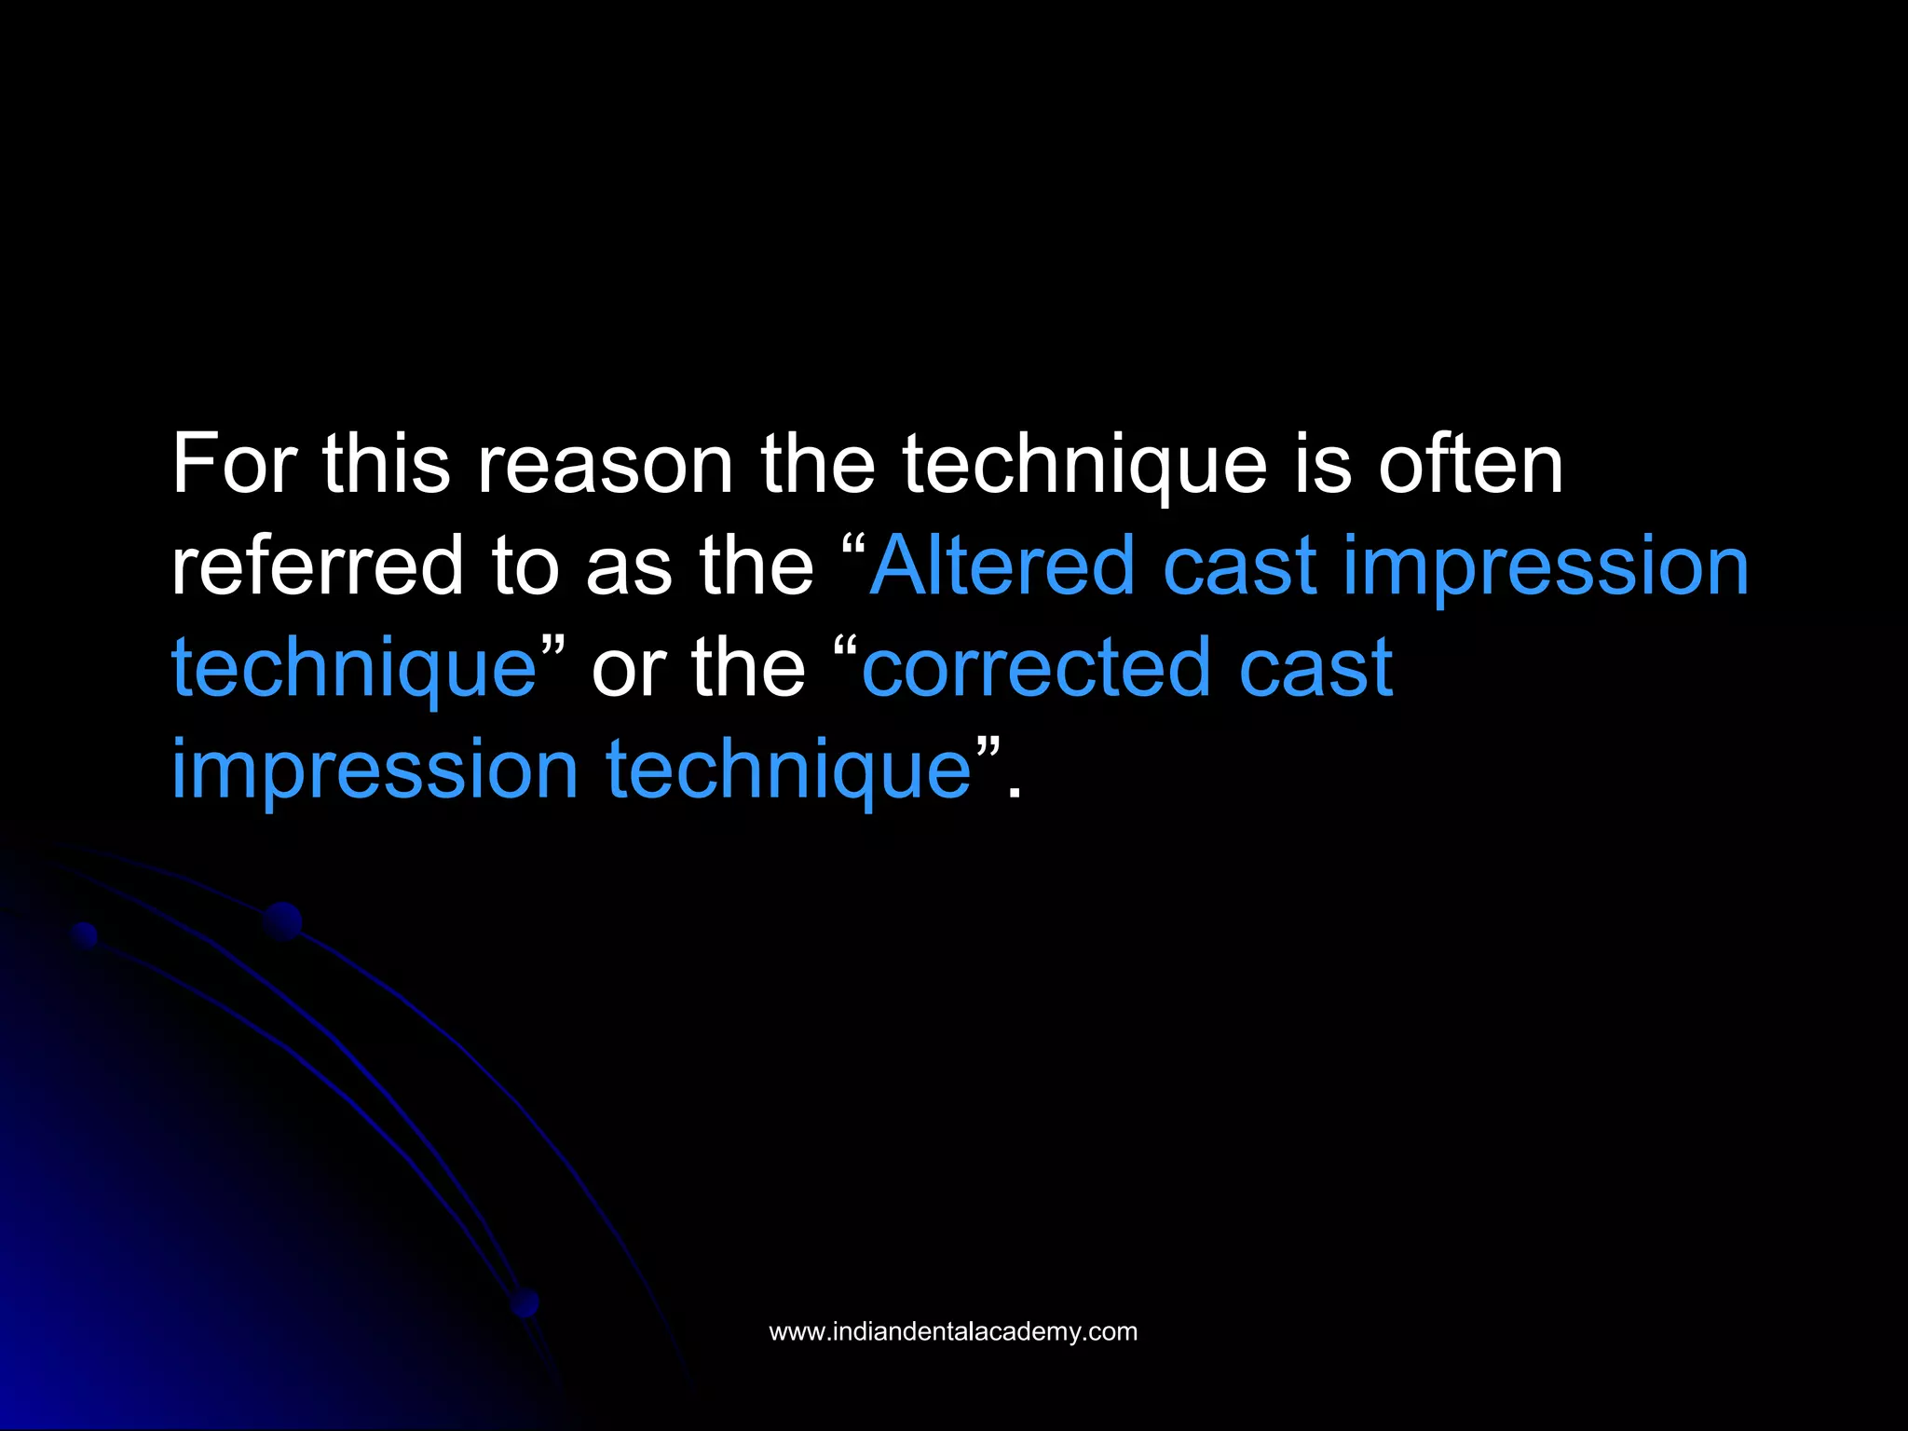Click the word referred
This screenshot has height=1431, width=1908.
(317, 566)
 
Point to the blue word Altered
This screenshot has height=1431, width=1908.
(1002, 566)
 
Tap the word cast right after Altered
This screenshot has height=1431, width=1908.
(1239, 566)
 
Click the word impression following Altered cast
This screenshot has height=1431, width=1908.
(1546, 566)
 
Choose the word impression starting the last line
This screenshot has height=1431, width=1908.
(375, 770)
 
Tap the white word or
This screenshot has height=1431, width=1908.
(628, 667)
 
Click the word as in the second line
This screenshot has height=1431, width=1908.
(628, 566)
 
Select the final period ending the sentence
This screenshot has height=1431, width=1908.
(1015, 792)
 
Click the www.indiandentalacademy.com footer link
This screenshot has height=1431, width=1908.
(953, 1331)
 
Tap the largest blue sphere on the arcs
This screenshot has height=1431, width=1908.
(282, 921)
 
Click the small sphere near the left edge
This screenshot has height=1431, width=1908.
(85, 934)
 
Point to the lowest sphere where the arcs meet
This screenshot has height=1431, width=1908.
(525, 1302)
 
